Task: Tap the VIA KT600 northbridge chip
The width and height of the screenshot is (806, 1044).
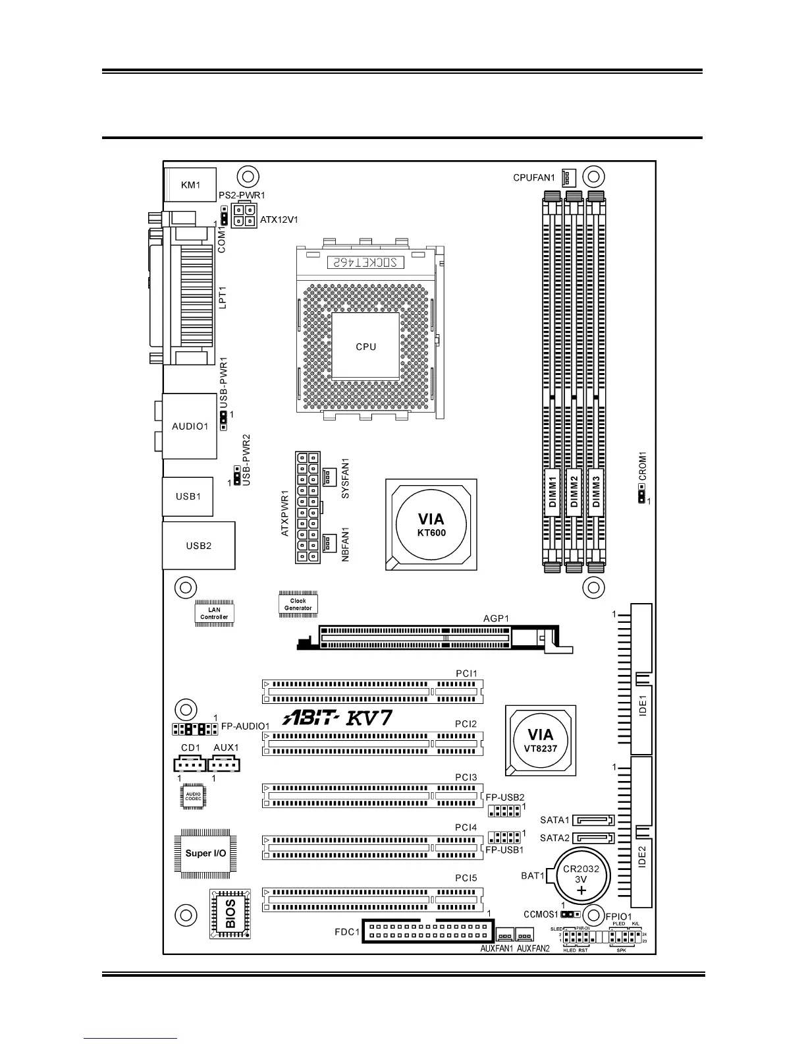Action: [x=431, y=525]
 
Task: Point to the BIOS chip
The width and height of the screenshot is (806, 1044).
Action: [x=230, y=913]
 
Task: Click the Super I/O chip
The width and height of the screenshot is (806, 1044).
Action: [x=205, y=853]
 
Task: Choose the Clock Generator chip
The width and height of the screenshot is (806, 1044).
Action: [x=298, y=604]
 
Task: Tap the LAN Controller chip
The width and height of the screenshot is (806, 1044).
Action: [x=214, y=614]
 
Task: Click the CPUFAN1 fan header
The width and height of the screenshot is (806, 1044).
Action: [x=568, y=177]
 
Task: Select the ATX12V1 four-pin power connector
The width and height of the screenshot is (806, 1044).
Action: [x=244, y=217]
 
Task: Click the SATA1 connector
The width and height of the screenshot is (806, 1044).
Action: [x=594, y=821]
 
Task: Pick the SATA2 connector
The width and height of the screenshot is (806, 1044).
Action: [x=594, y=838]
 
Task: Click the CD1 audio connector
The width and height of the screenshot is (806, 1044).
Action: [x=190, y=764]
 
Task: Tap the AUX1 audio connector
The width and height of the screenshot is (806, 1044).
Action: [x=224, y=764]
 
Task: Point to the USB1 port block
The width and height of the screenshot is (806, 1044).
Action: [x=188, y=496]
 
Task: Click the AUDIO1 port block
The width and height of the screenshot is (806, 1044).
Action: [x=190, y=426]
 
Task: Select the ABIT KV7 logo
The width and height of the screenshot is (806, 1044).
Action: [x=338, y=718]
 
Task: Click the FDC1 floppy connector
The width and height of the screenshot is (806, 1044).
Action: [x=427, y=931]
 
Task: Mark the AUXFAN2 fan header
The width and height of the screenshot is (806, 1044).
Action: [x=525, y=935]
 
